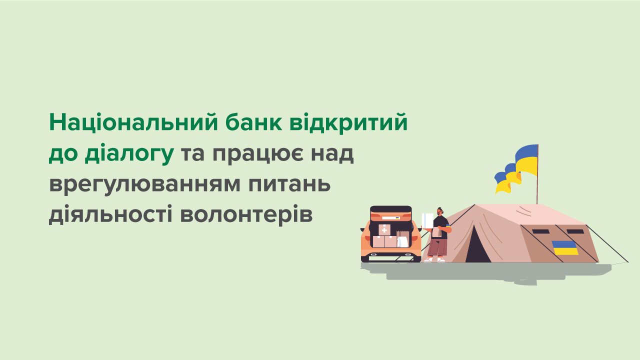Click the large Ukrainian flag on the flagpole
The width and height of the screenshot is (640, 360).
click(527, 159)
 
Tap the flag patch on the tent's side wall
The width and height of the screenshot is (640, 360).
click(565, 247)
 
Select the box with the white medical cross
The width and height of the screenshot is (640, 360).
click(384, 230)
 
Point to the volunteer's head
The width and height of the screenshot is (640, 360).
click(440, 211)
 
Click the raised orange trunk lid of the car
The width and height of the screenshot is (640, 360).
click(390, 213)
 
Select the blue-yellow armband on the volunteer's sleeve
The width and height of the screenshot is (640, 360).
click(448, 229)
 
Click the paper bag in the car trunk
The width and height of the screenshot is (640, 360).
click(401, 239)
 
